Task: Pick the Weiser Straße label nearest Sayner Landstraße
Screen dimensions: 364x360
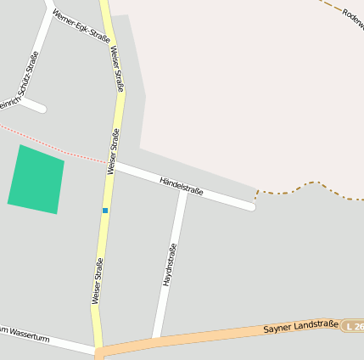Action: [98, 280]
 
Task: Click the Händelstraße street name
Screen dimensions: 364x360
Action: [181, 185]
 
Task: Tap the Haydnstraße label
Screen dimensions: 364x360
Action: [170, 263]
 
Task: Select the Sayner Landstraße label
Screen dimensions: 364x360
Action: [300, 326]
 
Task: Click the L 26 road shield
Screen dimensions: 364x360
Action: [353, 325]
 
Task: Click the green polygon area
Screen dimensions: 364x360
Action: [36, 178]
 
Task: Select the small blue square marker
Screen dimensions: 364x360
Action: [105, 210]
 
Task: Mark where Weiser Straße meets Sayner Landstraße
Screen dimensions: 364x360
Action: [98, 351]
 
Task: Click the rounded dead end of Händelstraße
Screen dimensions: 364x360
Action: [251, 206]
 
